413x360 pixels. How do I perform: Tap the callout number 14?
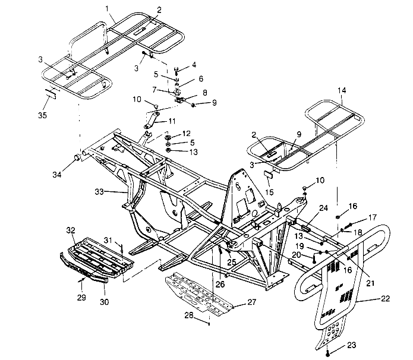click(341, 90)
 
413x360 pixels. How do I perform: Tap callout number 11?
click(172, 120)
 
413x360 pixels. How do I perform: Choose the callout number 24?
click(323, 208)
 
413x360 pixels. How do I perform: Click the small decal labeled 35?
click(51, 93)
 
